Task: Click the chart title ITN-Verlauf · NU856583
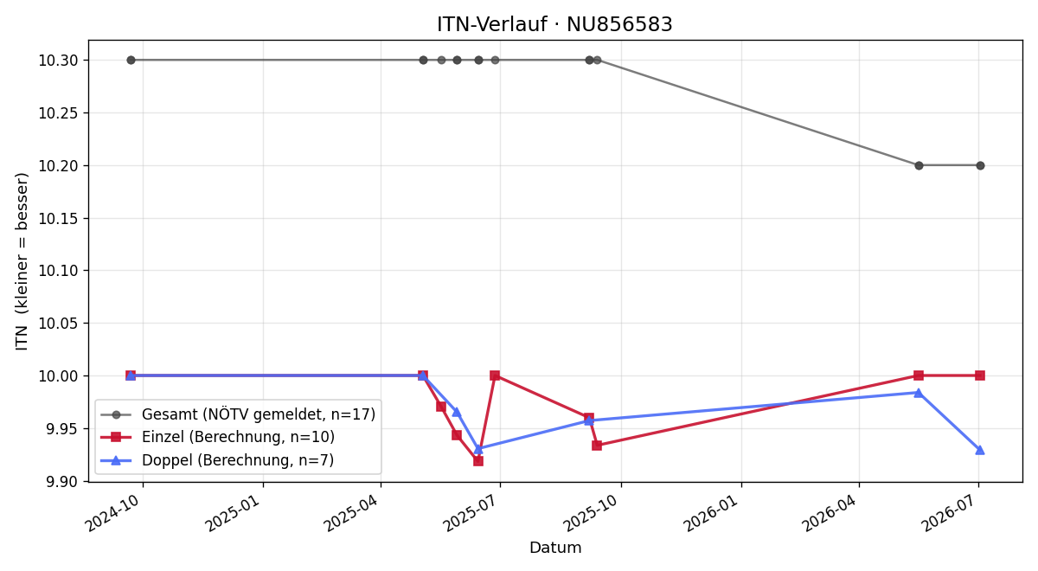[x=554, y=24]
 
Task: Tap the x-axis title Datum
[x=555, y=548]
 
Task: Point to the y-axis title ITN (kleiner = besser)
[x=22, y=261]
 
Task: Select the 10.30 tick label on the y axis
[x=58, y=61]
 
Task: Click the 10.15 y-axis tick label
[x=58, y=218]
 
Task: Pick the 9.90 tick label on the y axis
[x=62, y=482]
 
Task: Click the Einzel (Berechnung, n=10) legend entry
[x=217, y=437]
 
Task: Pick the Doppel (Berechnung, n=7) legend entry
[x=217, y=460]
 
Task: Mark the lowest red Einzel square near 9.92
[x=478, y=460]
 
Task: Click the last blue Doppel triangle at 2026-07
[x=979, y=450]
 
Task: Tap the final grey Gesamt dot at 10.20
[x=980, y=165]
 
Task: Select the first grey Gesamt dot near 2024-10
[x=131, y=61]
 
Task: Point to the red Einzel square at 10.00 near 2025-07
[x=495, y=375]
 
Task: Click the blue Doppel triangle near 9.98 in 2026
[x=918, y=393]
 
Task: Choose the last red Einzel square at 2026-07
[x=979, y=375]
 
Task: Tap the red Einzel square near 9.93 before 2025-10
[x=597, y=446]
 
